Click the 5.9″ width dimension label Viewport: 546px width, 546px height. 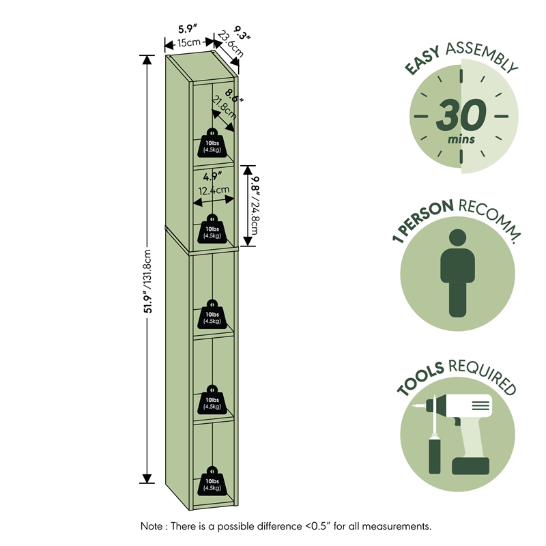point(187,29)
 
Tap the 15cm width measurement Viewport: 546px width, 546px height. point(188,43)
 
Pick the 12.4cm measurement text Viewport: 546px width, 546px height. point(214,191)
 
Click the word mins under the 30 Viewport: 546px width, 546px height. point(461,140)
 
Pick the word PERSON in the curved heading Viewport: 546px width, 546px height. point(425,217)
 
